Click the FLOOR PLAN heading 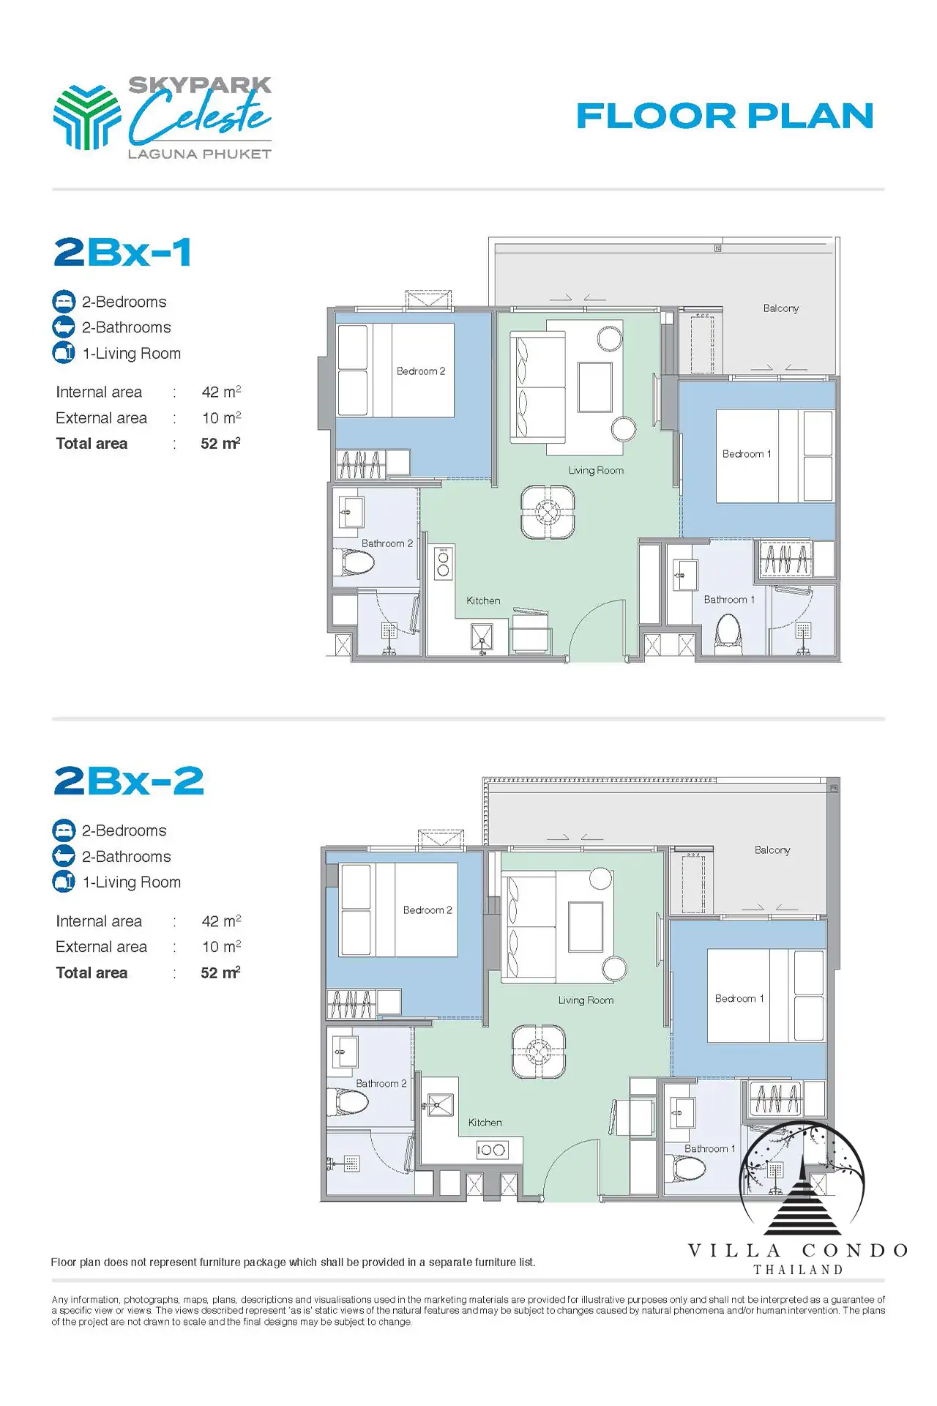[x=725, y=116]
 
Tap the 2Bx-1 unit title [x=123, y=252]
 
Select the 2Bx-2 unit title [x=129, y=781]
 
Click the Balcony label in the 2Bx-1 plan [x=780, y=308]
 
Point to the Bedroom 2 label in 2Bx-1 [x=421, y=371]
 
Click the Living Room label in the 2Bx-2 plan [x=586, y=1000]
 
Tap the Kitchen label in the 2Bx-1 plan [x=483, y=600]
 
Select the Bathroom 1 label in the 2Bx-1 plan [x=729, y=600]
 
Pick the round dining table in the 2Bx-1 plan [x=548, y=512]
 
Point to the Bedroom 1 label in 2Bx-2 [x=739, y=999]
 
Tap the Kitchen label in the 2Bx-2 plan [x=485, y=1123]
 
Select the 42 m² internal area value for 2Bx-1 [x=221, y=392]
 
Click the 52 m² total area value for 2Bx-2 [x=220, y=972]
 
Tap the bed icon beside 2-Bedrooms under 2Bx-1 [x=64, y=302]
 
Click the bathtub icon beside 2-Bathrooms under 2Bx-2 [x=64, y=856]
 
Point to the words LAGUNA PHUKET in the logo [x=200, y=154]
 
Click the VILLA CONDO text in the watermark [x=799, y=1250]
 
